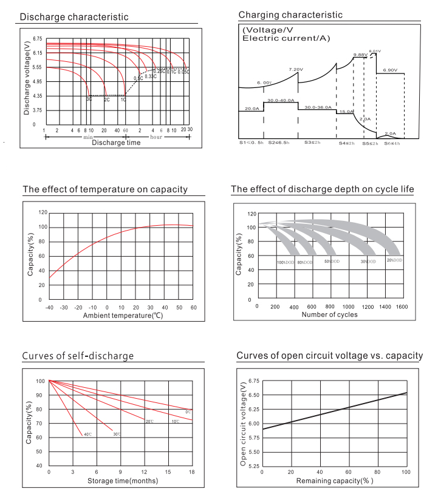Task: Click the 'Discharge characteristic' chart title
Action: [74, 17]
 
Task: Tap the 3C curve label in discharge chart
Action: [89, 99]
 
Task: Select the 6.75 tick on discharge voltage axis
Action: [38, 38]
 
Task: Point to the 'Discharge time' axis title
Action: [116, 143]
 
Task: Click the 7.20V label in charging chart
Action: [296, 70]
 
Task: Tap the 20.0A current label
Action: [252, 109]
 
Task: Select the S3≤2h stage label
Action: [312, 142]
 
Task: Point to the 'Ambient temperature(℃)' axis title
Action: [123, 316]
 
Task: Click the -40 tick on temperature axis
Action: [49, 308]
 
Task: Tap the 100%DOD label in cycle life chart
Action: [286, 263]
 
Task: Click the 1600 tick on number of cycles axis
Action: [401, 307]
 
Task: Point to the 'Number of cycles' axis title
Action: [329, 315]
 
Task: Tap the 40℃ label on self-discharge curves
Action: [87, 435]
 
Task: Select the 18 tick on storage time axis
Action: [192, 472]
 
